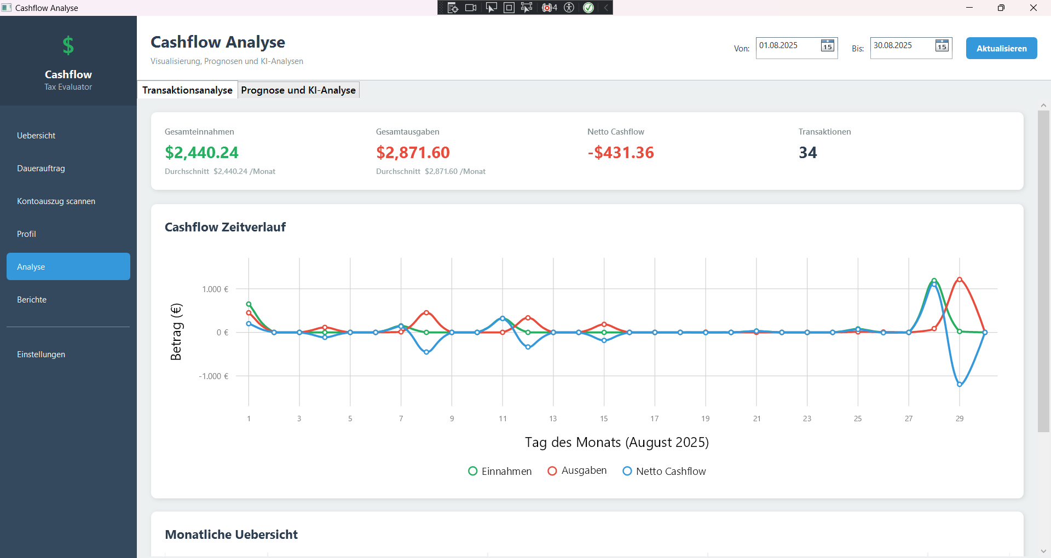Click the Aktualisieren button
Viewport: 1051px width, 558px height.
1001,48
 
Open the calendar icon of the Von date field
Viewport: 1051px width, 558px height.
827,46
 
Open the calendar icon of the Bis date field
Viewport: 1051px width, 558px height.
942,46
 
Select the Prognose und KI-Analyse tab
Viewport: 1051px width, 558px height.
298,90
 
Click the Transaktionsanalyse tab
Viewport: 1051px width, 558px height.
187,90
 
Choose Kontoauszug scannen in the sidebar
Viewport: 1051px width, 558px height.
56,201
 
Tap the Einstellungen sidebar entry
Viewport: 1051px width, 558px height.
41,354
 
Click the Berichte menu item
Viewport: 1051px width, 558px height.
32,300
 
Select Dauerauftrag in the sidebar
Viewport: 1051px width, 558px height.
41,168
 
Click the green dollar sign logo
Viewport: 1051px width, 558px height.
68,45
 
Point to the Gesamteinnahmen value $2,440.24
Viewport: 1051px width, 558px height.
201,153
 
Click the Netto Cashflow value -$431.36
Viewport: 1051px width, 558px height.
621,153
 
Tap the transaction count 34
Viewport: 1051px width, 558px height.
807,153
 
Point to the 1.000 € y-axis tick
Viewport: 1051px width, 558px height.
215,289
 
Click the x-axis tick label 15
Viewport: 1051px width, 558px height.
604,419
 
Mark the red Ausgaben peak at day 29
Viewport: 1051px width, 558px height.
960,280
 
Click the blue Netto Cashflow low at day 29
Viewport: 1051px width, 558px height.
960,385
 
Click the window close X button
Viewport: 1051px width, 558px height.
1033,8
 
